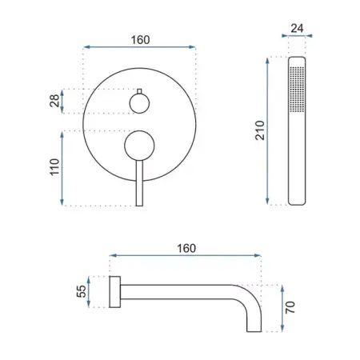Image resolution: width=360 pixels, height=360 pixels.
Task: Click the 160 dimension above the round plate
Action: click(x=140, y=40)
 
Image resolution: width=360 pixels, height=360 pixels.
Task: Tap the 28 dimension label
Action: click(x=54, y=101)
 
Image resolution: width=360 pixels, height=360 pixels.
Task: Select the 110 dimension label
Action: click(x=54, y=167)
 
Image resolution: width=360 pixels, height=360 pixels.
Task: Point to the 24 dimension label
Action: click(x=297, y=28)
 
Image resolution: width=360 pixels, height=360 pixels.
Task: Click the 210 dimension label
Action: click(x=260, y=130)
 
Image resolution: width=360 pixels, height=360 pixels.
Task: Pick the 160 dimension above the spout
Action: click(x=186, y=249)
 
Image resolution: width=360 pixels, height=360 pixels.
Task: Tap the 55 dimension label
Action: click(x=82, y=291)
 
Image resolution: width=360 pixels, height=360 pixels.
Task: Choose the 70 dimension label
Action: click(x=290, y=307)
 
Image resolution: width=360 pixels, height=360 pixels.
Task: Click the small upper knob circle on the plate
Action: click(x=139, y=103)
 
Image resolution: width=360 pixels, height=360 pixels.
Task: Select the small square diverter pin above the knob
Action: click(x=139, y=91)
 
